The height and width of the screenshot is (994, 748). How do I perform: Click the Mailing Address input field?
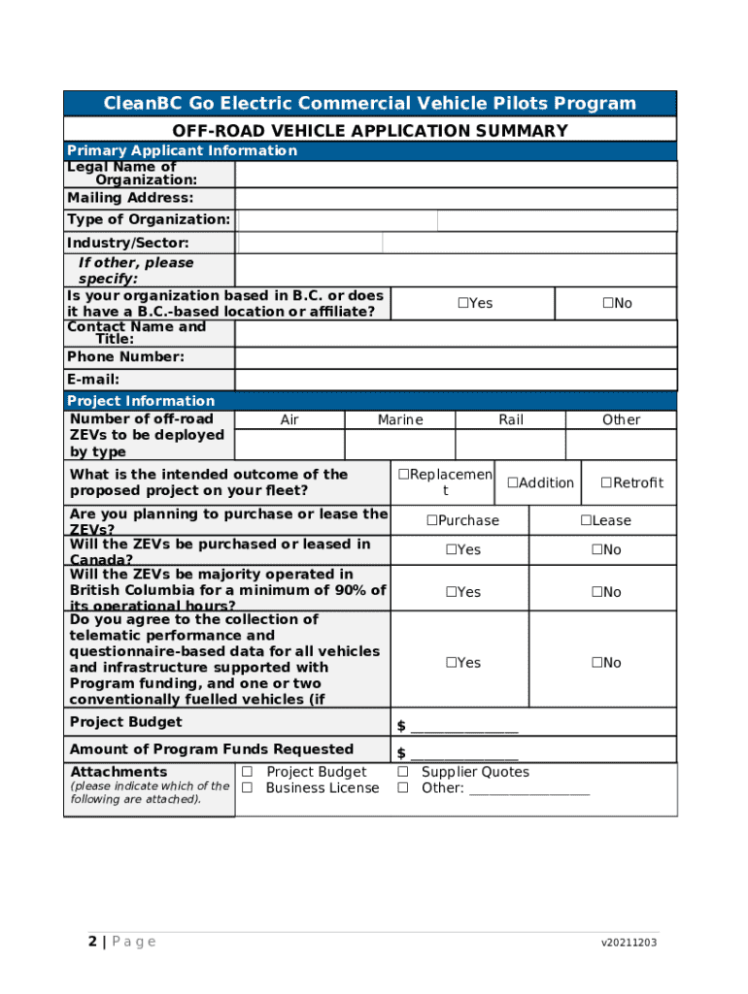456,198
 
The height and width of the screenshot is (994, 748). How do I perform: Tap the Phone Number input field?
456,357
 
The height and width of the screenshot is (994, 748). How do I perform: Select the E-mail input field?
456,381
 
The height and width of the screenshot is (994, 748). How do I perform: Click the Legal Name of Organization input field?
456,174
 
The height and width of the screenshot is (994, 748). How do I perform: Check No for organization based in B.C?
607,304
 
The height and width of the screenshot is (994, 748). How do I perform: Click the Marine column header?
400,419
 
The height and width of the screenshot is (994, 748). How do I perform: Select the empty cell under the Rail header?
510,445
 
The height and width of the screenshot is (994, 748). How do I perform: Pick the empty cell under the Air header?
289,445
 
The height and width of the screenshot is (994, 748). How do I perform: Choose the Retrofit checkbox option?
605,483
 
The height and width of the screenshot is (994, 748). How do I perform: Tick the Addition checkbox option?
512,483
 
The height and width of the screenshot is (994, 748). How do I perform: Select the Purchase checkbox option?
431,520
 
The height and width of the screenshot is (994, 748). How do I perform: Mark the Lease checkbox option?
586,520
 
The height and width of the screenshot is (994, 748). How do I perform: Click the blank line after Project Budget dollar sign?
464,728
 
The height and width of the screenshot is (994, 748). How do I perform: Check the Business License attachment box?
247,788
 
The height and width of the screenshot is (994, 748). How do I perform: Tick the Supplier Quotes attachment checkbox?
402,773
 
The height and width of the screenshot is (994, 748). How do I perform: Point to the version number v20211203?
628,943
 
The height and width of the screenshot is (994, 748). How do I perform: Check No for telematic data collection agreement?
596,663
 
